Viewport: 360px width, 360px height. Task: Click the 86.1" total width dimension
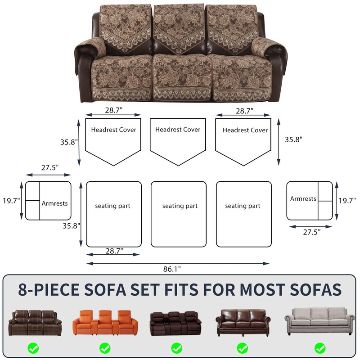point(172,269)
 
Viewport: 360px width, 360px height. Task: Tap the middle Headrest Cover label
point(178,130)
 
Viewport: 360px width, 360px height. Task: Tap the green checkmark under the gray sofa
point(319,348)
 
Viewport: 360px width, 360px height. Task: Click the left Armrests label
point(54,203)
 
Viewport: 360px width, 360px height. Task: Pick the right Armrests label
point(303,198)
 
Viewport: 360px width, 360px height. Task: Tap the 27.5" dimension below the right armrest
point(311,232)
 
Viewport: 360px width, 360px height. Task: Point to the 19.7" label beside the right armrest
point(347,200)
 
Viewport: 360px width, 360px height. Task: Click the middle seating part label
point(180,206)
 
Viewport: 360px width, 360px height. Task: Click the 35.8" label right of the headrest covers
point(293,139)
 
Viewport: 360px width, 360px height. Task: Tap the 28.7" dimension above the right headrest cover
point(244,110)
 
